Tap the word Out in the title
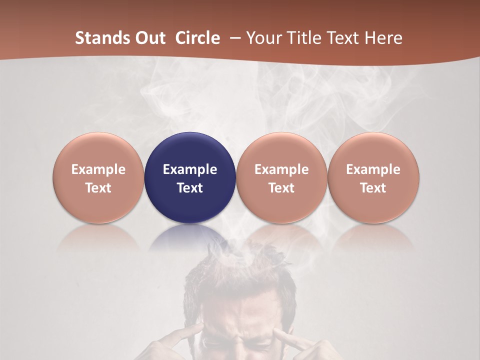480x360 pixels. pyautogui.click(x=148, y=38)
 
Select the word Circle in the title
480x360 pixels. pyautogui.click(x=197, y=38)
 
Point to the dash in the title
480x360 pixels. pyautogui.click(x=234, y=38)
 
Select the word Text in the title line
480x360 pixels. pyautogui.click(x=343, y=38)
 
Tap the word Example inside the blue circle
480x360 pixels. pyautogui.click(x=190, y=169)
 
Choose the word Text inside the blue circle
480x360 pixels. pyautogui.click(x=190, y=188)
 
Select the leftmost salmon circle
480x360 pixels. pyautogui.click(x=98, y=177)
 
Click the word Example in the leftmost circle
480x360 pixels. pyautogui.click(x=98, y=169)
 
